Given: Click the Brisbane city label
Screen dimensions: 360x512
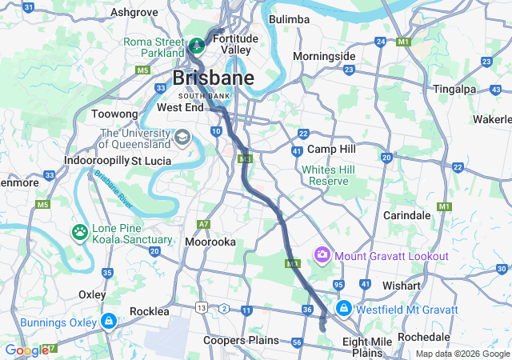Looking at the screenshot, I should click(x=214, y=78).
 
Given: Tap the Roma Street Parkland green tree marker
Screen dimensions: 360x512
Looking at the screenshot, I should click(x=197, y=42).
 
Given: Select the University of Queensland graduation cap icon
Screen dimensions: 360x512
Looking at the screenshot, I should click(x=182, y=138).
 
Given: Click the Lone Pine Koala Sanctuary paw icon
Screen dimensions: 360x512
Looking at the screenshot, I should click(x=80, y=233).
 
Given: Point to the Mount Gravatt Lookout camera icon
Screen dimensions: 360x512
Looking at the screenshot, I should click(x=322, y=255).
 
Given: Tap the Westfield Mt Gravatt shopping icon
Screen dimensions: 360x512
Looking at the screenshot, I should click(x=343, y=308).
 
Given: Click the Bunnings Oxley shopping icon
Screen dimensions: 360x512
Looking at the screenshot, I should click(x=108, y=322).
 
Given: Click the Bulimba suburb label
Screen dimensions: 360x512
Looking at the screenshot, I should click(x=289, y=19).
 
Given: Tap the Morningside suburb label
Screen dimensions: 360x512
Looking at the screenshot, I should click(x=323, y=57).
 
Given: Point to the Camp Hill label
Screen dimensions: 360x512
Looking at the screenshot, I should click(x=331, y=150).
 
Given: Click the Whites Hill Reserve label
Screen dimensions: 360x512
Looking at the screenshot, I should click(x=325, y=175).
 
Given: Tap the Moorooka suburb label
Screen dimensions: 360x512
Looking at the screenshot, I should click(x=210, y=241).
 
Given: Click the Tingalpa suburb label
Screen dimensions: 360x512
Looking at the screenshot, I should click(x=454, y=89).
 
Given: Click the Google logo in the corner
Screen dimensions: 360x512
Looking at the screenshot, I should click(x=26, y=350).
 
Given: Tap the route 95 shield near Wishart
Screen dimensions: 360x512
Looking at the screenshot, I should click(x=338, y=285).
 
